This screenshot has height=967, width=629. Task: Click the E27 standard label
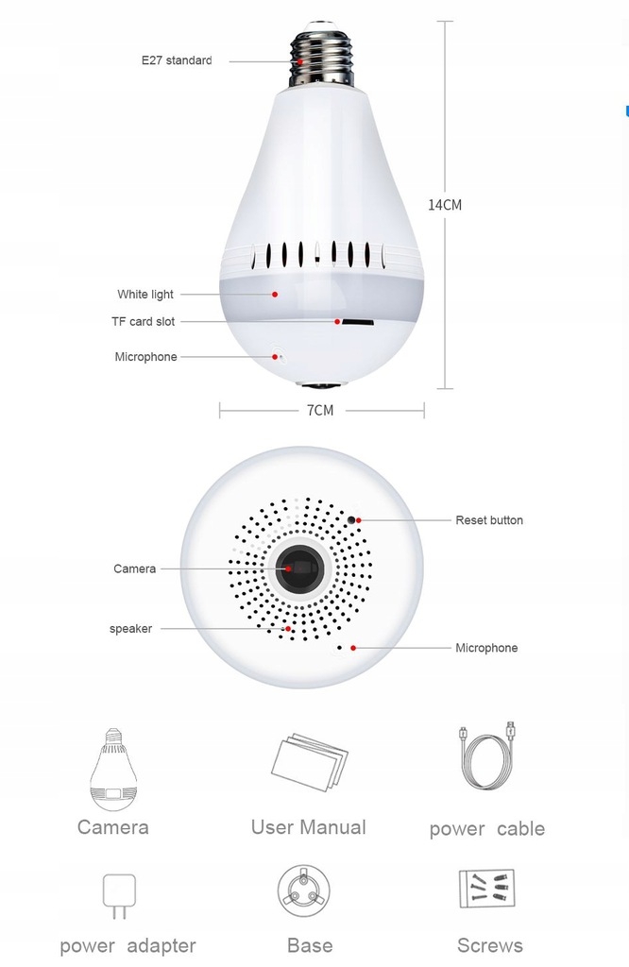pos(177,60)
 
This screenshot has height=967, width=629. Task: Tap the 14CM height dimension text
pos(445,204)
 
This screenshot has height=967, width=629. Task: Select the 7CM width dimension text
pos(320,410)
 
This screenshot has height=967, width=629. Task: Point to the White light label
pos(145,295)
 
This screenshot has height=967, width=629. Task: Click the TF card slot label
pos(143,322)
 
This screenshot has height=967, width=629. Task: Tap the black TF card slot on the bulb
pos(356,322)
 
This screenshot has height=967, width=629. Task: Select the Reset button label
pos(488,520)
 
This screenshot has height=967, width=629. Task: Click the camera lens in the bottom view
pos(300,568)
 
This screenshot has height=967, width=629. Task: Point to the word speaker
pos(130,629)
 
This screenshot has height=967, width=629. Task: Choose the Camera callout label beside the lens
pos(134,568)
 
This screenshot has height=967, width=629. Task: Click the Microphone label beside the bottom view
pos(486,648)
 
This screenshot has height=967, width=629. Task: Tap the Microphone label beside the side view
pos(145,357)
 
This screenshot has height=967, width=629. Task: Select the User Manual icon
pos(309,761)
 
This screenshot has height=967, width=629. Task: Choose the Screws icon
pos(485,891)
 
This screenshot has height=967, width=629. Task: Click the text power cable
pos(486,829)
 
